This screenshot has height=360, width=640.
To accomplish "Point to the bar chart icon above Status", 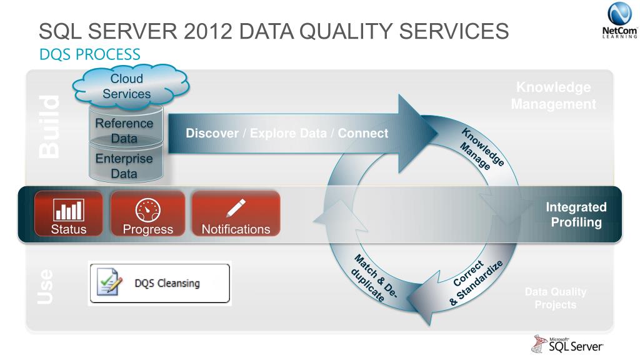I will click(69, 207).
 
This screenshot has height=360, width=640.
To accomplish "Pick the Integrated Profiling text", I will click(575, 214).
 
